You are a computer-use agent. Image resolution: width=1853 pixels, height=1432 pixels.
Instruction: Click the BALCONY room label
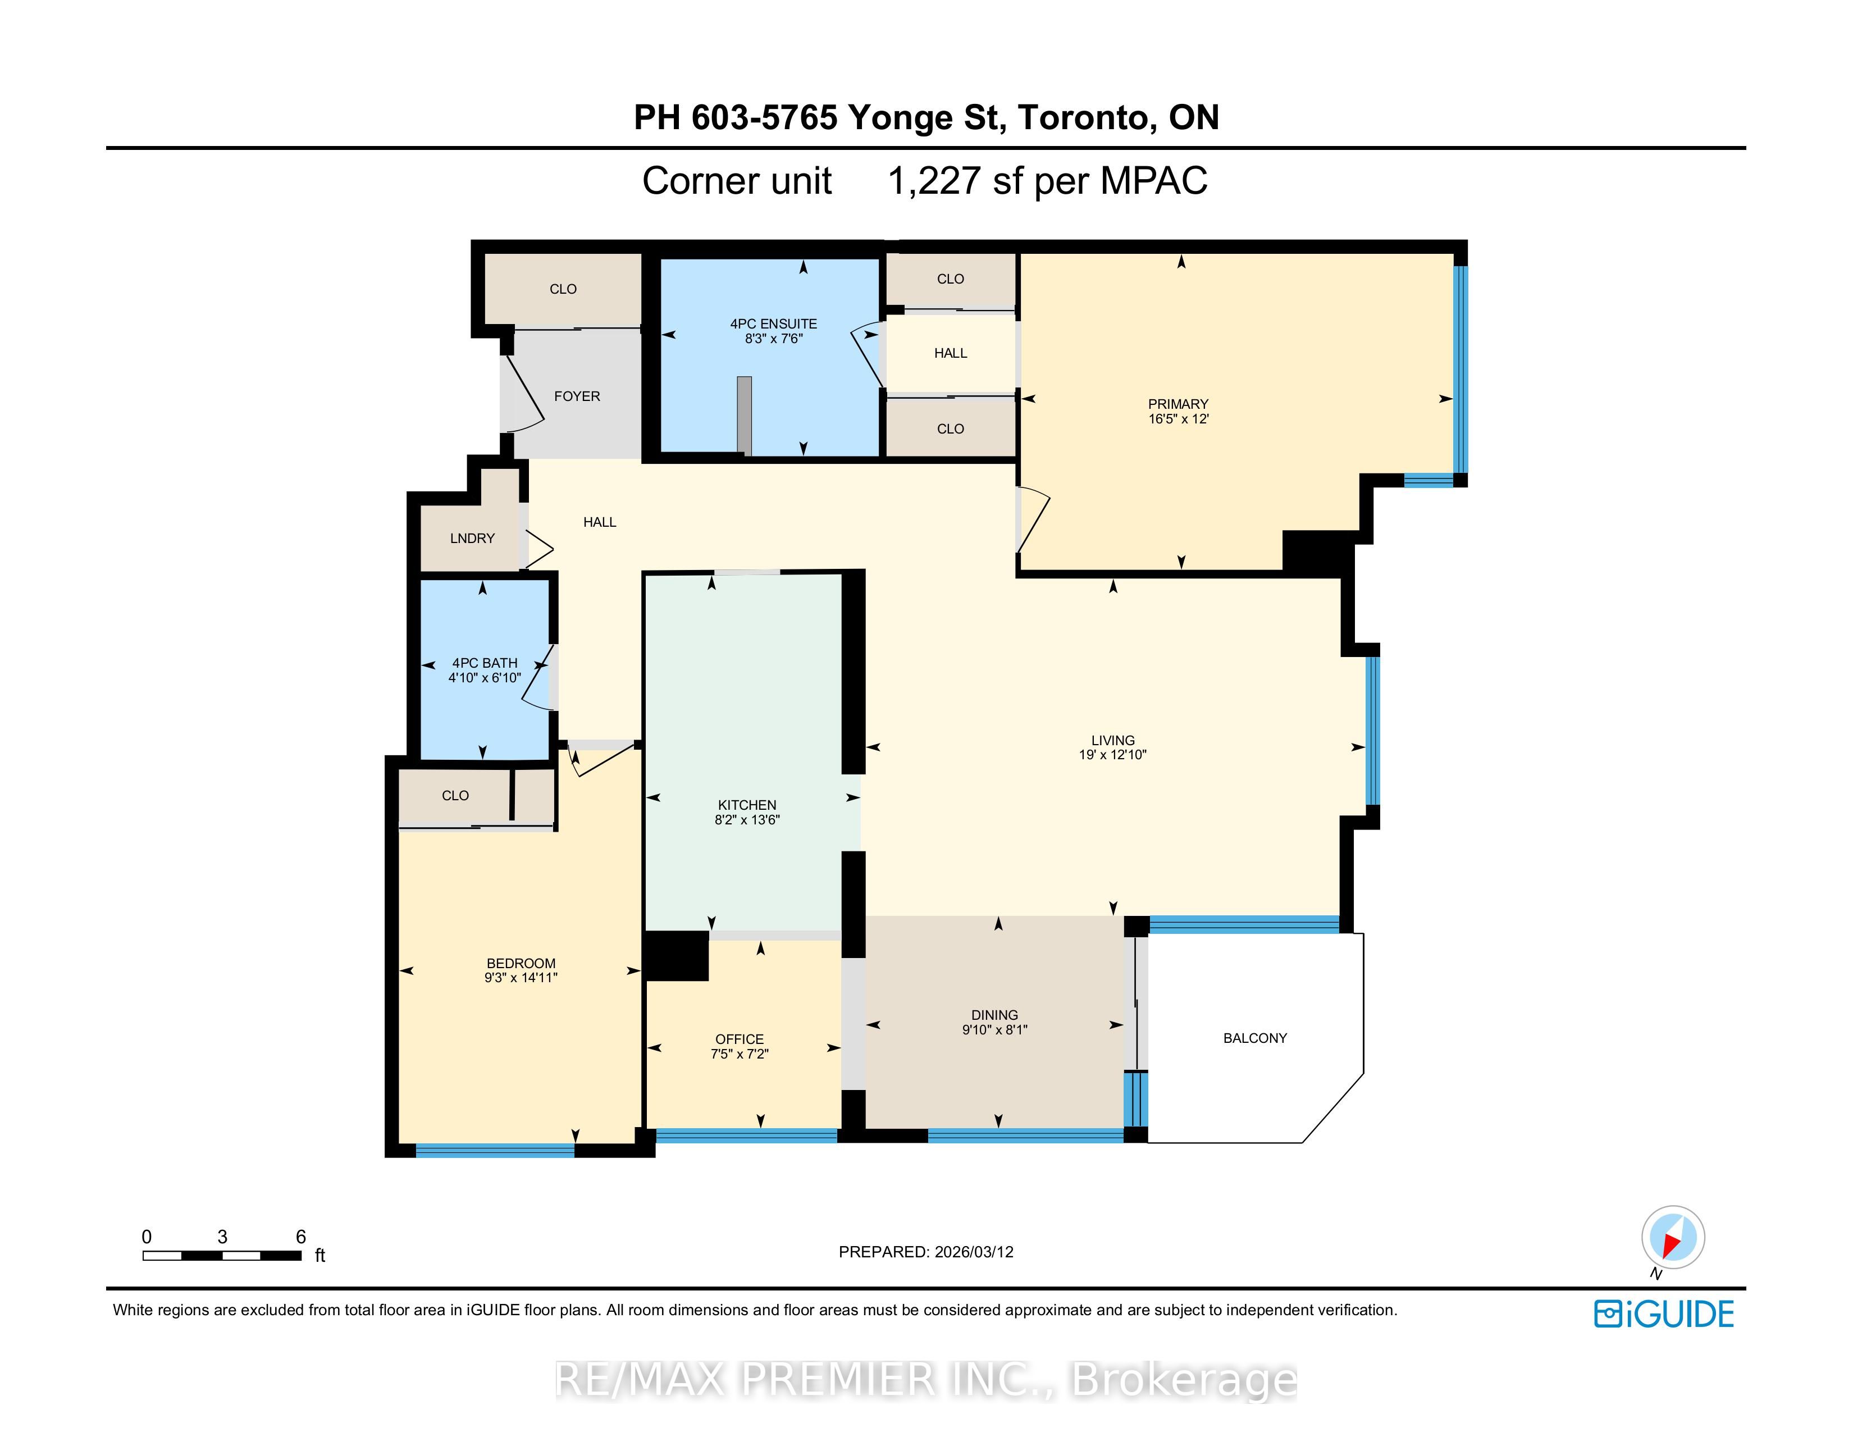pos(1255,1038)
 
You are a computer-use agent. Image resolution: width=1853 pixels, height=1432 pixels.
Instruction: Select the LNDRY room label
pos(472,538)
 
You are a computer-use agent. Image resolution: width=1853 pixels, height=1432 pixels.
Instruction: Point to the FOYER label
pos(577,396)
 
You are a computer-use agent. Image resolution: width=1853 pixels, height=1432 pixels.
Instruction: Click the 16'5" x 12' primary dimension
pos(1179,419)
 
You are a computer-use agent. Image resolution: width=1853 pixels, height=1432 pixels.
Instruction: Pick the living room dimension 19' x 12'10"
pos(1112,755)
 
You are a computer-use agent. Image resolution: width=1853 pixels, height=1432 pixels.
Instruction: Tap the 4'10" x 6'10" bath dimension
pos(485,678)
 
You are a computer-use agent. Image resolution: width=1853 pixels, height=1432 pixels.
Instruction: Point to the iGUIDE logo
pos(1664,1314)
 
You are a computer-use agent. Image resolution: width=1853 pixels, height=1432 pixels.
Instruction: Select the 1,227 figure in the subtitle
pos(935,181)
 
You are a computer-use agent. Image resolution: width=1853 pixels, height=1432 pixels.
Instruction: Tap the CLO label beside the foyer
pos(563,289)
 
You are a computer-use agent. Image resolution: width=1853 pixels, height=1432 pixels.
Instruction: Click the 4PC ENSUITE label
pos(774,324)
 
